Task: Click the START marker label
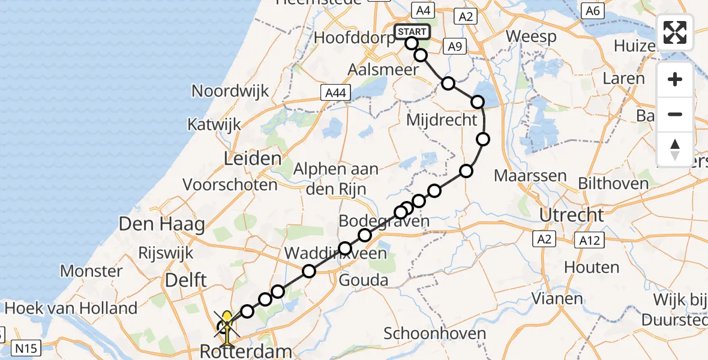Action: click(412, 31)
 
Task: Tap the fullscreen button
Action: click(675, 32)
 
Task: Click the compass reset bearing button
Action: click(675, 149)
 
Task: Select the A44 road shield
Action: click(335, 92)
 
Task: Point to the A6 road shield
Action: click(592, 10)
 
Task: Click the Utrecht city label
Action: click(571, 215)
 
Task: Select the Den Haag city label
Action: click(162, 225)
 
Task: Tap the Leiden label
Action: click(253, 159)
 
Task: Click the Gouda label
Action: click(364, 280)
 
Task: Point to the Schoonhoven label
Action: click(431, 333)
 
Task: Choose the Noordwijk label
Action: click(230, 91)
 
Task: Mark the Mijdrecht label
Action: click(442, 120)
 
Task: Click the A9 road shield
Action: click(454, 46)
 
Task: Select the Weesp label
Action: click(531, 36)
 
